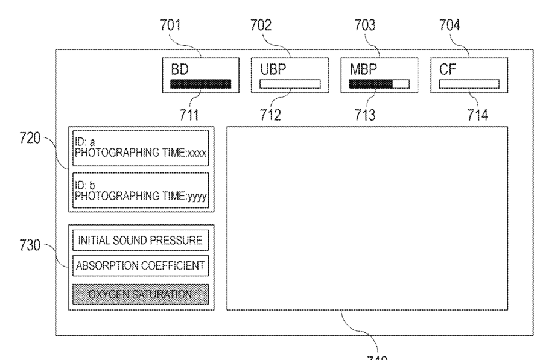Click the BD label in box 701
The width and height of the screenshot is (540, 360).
point(179,69)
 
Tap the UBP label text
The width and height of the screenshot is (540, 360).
point(271,69)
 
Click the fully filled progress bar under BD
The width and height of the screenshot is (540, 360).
point(201,84)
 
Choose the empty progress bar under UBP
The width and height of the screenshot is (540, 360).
point(290,84)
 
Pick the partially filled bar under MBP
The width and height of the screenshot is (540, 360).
point(379,84)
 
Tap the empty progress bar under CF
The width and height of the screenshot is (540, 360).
point(469,84)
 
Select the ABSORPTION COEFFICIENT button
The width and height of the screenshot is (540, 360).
point(141,265)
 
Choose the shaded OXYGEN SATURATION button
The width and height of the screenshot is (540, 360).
point(141,294)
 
